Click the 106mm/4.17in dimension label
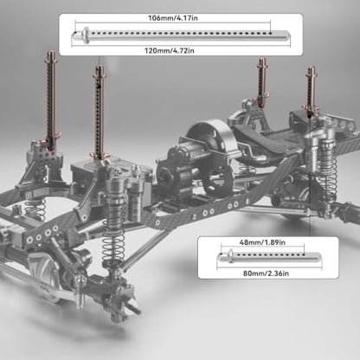[173, 18]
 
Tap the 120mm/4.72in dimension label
[170, 51]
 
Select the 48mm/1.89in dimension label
[262, 242]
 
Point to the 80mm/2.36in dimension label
[266, 273]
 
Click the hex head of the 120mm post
[86, 35]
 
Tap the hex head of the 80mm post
[230, 256]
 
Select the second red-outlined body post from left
[99, 112]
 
